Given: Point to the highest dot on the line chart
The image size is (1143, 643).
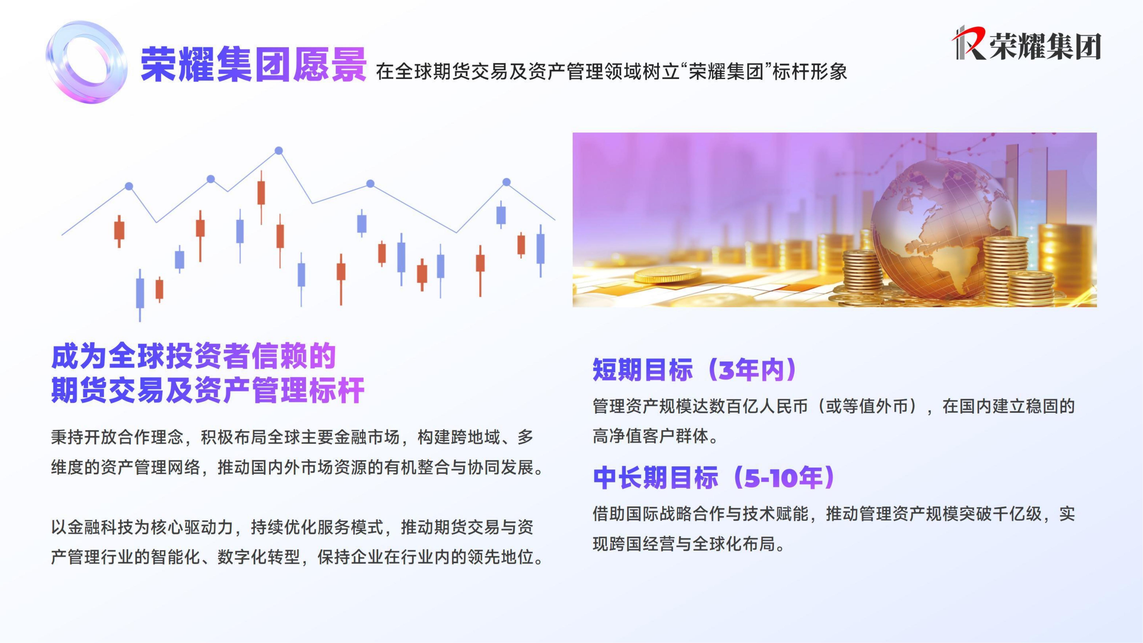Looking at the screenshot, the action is pyautogui.click(x=279, y=151).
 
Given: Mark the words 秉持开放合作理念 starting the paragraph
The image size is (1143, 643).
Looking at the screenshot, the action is pyautogui.click(x=117, y=437).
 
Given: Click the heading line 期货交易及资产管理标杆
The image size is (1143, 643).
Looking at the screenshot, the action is pyautogui.click(x=208, y=391).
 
